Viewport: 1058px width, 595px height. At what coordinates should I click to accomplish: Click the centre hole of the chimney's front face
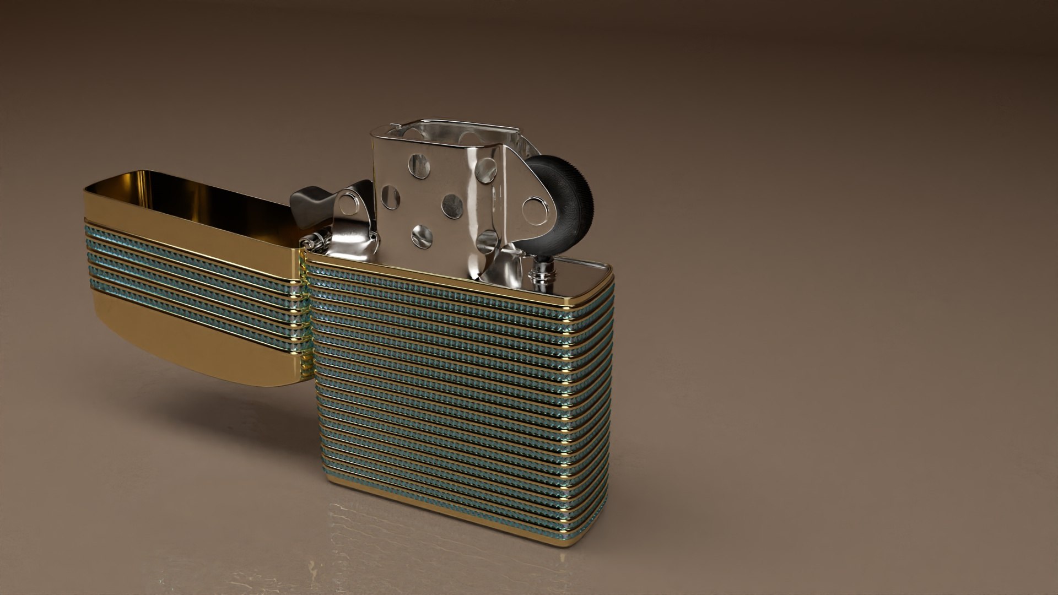tap(452, 205)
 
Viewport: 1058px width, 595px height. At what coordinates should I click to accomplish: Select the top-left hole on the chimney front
tap(419, 166)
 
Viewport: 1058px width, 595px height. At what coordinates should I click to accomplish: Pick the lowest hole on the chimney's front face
tap(422, 236)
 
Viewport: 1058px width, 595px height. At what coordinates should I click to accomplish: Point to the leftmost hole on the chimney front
tap(390, 197)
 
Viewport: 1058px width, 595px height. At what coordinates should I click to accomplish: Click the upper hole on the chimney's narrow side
tap(486, 170)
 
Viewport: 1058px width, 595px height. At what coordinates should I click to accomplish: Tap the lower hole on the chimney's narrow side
tap(486, 241)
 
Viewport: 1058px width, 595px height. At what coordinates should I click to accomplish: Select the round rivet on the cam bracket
tap(348, 204)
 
